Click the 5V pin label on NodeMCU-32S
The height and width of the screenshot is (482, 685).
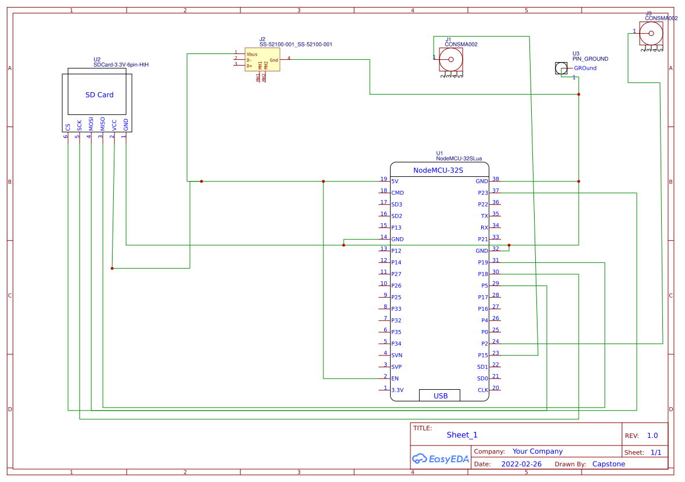point(395,182)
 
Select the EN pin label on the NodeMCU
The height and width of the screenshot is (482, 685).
point(395,379)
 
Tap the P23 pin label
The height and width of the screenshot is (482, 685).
point(482,193)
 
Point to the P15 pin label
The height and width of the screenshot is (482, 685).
point(482,356)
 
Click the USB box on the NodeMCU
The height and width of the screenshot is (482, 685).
point(440,396)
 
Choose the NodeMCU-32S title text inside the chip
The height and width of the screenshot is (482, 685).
point(438,170)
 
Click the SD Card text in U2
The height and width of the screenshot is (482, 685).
point(99,95)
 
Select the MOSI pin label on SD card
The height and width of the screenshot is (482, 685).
point(91,124)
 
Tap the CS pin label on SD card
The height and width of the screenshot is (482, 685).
point(68,126)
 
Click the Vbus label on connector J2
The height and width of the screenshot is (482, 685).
point(252,54)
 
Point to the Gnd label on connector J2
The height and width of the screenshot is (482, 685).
point(273,60)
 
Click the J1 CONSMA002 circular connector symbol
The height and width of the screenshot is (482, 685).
point(450,59)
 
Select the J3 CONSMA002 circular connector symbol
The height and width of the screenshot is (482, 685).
point(651,33)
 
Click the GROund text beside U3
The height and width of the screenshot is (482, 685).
point(585,68)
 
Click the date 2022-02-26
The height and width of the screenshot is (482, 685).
point(521,464)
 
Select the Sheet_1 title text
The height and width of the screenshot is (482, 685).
point(462,435)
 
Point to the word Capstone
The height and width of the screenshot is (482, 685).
point(608,464)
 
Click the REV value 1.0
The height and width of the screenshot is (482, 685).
point(652,436)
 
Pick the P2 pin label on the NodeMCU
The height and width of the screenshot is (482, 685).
point(484,344)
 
